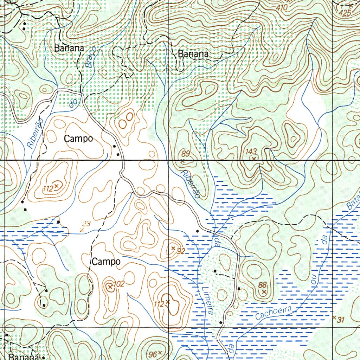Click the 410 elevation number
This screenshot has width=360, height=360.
pos(282,7)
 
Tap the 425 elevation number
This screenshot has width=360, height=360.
pos(346,13)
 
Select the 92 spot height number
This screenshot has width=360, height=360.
pos(181,251)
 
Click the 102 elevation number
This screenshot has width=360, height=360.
pos(120,284)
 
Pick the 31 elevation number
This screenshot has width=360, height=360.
pos(340,320)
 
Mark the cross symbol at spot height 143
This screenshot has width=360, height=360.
pos(254,158)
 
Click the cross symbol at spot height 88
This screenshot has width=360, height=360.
pos(264,291)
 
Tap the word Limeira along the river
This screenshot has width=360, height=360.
pos(208,301)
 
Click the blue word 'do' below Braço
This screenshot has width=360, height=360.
pos(73,103)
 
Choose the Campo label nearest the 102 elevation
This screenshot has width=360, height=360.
pos(107,262)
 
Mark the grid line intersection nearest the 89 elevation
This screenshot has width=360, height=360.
pos(169,160)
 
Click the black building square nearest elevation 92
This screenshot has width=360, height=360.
pos(198,231)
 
